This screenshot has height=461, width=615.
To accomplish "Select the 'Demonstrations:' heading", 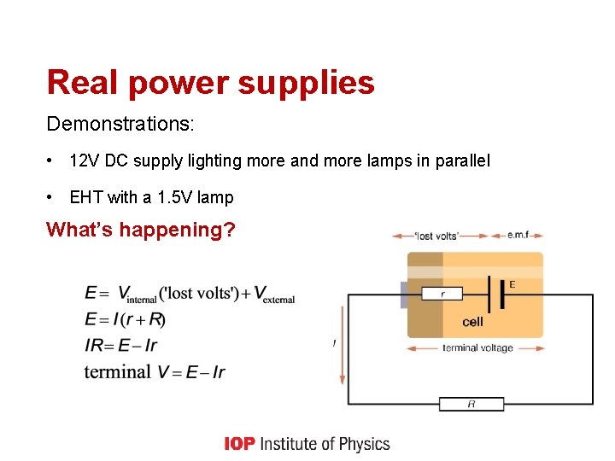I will click(120, 124).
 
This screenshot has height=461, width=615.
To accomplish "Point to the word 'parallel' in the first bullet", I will click(461, 160).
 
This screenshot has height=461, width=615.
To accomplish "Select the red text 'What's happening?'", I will click(141, 230).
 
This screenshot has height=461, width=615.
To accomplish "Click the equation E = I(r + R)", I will click(125, 319).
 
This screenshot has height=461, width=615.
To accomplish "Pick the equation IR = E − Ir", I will click(120, 345).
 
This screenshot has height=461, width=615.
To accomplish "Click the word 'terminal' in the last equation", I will click(117, 371).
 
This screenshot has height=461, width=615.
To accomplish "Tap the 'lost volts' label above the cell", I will click(437, 236).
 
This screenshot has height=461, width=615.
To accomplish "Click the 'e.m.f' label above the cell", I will click(518, 236).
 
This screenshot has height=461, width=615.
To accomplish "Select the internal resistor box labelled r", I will click(442, 294).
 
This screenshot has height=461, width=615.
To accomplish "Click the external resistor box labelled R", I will click(471, 404).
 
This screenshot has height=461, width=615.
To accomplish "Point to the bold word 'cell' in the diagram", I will click(472, 322).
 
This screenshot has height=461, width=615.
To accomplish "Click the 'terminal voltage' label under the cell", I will click(477, 348).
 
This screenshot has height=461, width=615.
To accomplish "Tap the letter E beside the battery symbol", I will click(512, 284).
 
